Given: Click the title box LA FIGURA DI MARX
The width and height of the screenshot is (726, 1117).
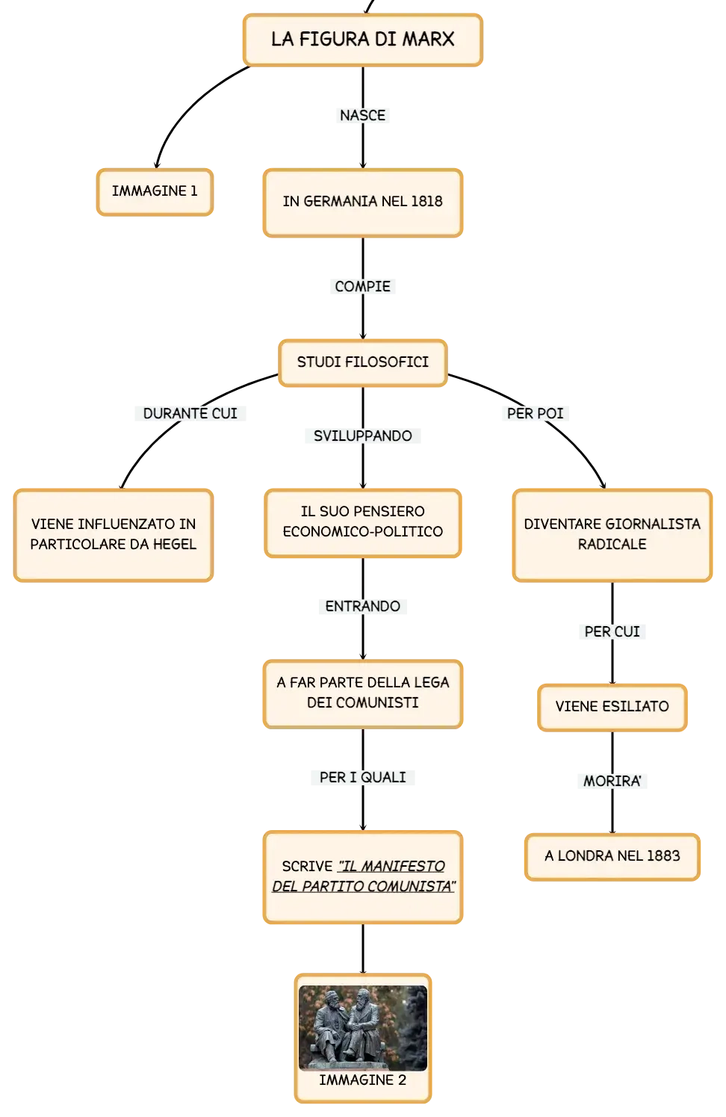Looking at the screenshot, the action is tap(363, 40).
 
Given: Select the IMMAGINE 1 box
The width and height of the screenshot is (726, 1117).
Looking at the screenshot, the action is tap(155, 192).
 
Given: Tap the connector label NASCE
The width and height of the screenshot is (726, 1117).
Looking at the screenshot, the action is tap(362, 115).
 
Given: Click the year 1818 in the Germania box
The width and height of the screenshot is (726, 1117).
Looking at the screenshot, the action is tap(426, 202).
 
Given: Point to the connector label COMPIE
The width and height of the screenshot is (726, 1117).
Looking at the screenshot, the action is tap(362, 286).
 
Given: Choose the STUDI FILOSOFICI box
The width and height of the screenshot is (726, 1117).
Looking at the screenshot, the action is tap(362, 363).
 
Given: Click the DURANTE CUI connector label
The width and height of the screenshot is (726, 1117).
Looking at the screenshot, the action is tap(190, 413).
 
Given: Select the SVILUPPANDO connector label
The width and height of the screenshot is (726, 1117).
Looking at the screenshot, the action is tap(362, 436).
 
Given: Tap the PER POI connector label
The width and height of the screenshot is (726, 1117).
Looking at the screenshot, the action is tap(535, 413).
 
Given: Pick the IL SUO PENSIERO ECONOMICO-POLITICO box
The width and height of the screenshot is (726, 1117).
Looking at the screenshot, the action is tap(362, 523).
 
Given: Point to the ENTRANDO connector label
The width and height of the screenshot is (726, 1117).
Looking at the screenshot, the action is tap(362, 607).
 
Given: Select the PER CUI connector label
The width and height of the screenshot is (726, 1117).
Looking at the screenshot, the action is tap(612, 632).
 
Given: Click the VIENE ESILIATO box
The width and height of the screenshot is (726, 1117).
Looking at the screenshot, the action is tap(612, 708).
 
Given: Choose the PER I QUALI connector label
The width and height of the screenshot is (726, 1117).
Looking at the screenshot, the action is tap(362, 777).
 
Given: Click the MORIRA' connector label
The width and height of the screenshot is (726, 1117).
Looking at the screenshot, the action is tap(612, 781).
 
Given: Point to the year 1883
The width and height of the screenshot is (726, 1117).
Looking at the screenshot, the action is tap(664, 855).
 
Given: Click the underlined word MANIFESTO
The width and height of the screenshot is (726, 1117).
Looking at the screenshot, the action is tap(403, 866).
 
